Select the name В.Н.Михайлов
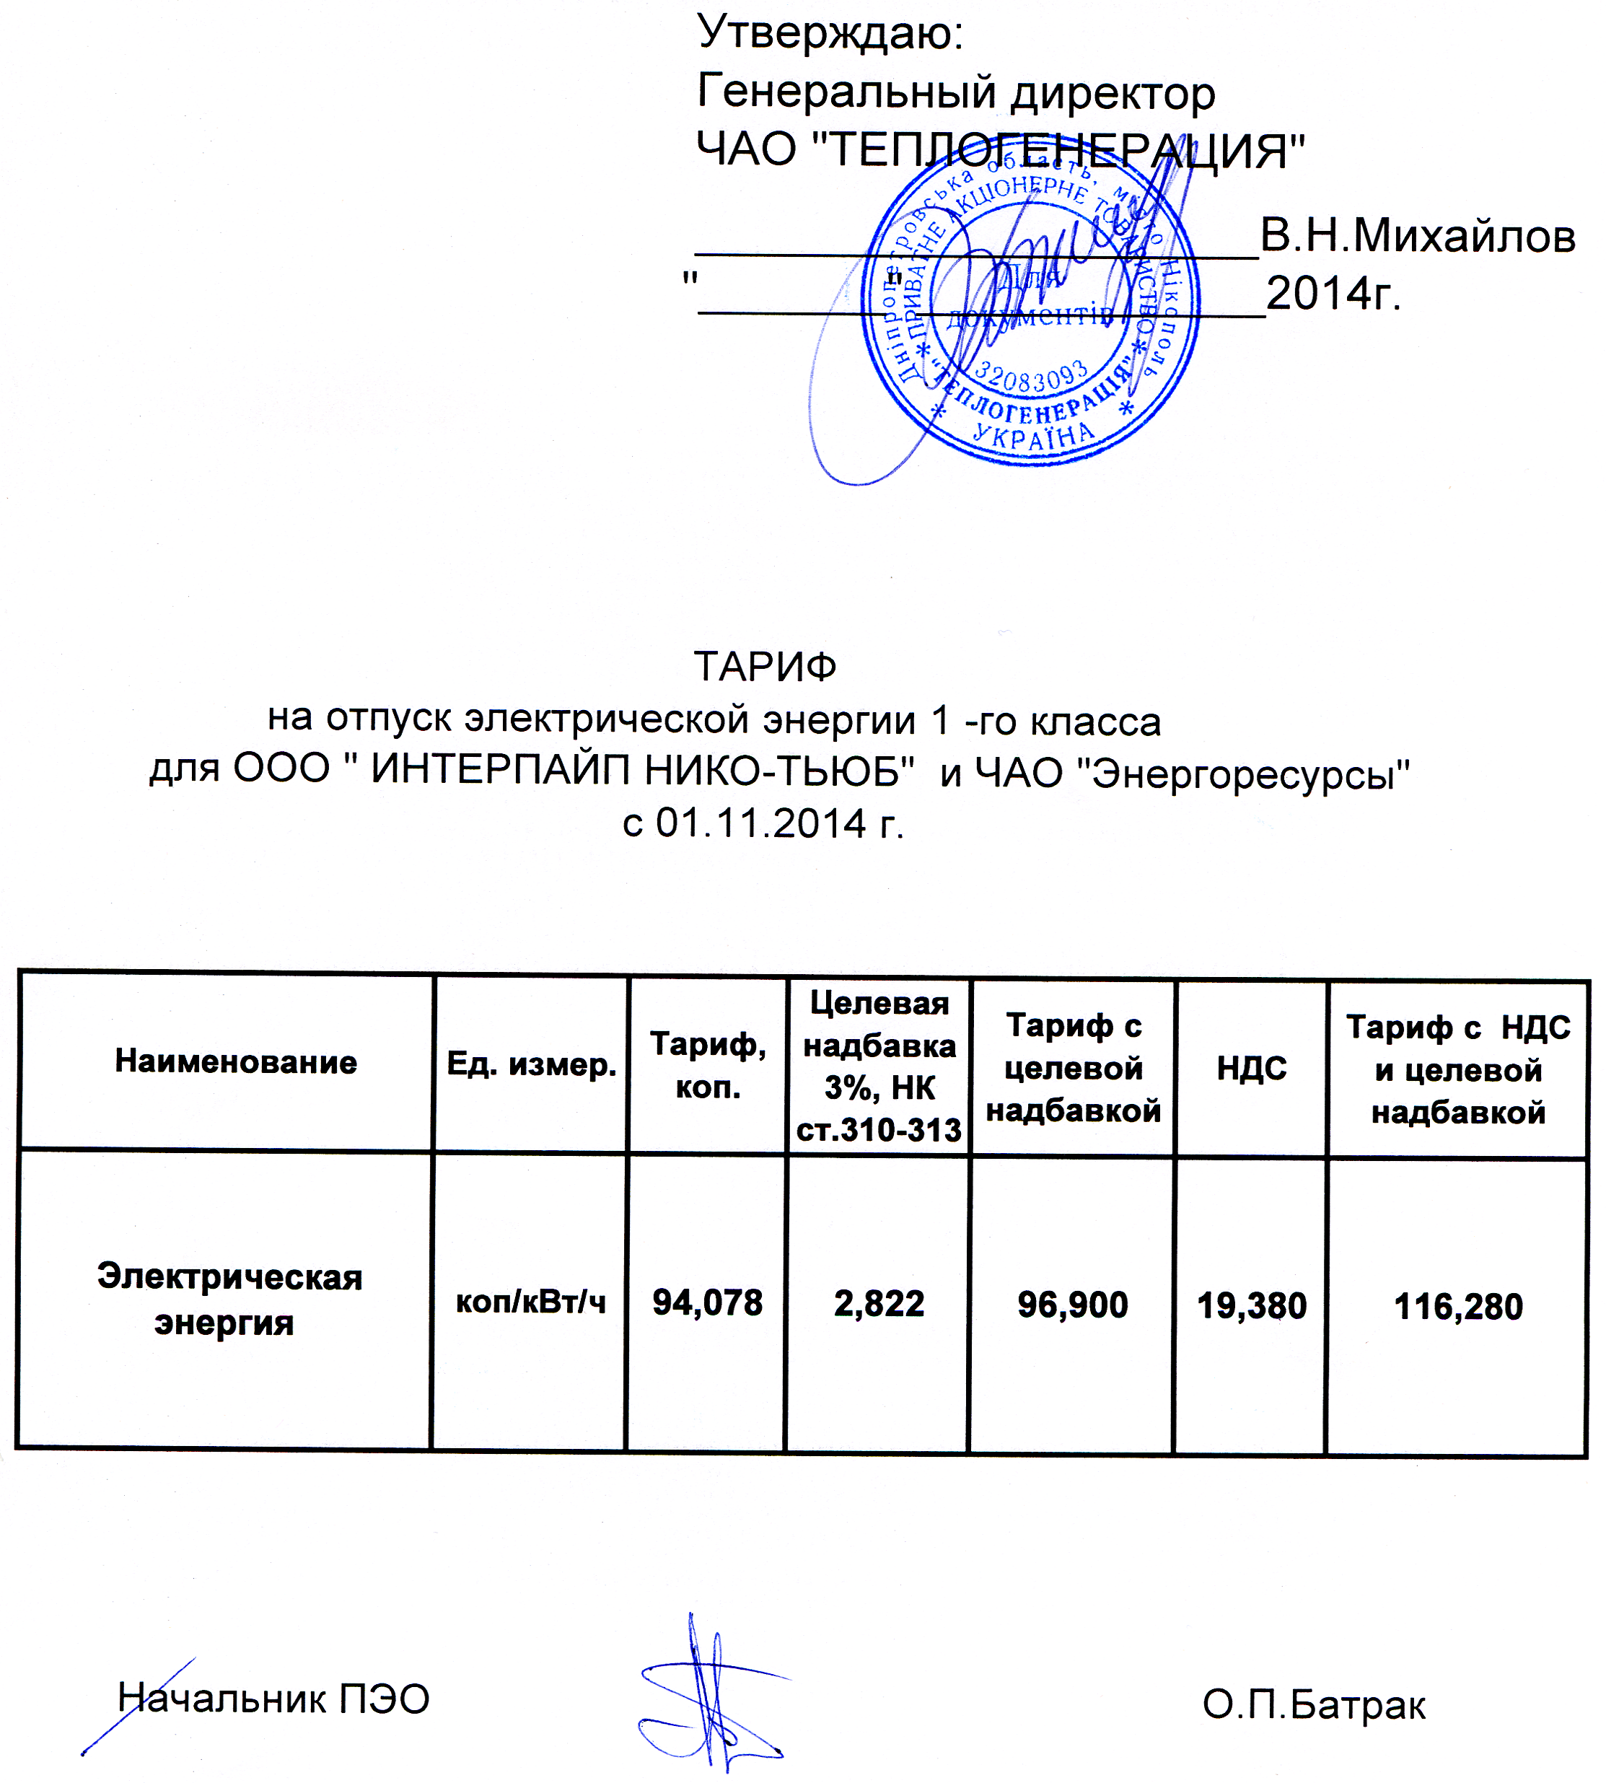(1416, 237)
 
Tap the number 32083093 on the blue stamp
(1031, 379)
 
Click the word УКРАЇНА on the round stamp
(1033, 435)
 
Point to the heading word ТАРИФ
(765, 667)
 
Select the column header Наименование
(236, 1062)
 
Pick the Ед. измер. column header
(531, 1064)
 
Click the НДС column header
(1251, 1068)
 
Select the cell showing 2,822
(879, 1304)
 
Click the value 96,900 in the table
(1072, 1305)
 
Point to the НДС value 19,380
(1251, 1305)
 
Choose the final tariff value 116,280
(1458, 1306)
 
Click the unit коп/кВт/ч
(530, 1302)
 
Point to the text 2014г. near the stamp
(1333, 294)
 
